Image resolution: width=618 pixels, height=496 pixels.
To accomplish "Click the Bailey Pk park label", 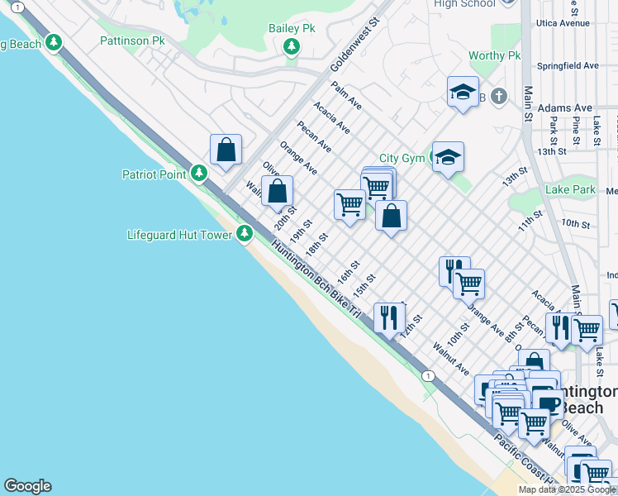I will pyautogui.click(x=292, y=28).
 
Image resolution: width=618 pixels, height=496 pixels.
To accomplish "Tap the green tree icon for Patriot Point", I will pyautogui.click(x=199, y=174).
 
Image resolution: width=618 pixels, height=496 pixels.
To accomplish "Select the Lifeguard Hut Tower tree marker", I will pyautogui.click(x=244, y=235).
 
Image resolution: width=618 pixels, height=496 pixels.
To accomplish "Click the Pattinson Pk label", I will pyautogui.click(x=131, y=41).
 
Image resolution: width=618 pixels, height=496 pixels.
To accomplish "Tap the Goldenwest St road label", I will pyautogui.click(x=354, y=45).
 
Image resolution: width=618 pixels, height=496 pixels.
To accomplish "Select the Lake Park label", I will pyautogui.click(x=570, y=190).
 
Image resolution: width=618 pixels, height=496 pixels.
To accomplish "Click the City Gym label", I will pyautogui.click(x=402, y=158).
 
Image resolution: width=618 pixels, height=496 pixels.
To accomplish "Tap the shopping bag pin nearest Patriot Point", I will pyautogui.click(x=226, y=150).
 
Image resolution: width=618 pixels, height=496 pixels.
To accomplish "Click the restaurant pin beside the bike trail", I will pyautogui.click(x=388, y=316).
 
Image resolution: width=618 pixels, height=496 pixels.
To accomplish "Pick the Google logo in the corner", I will pyautogui.click(x=27, y=486).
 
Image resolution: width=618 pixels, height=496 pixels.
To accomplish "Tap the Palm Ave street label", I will pyautogui.click(x=346, y=95).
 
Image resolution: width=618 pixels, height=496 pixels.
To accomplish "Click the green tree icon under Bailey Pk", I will pyautogui.click(x=292, y=47).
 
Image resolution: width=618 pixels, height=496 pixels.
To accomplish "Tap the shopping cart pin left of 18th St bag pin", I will pyautogui.click(x=349, y=203).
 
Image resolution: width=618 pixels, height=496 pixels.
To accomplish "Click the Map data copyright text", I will pyautogui.click(x=567, y=489).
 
